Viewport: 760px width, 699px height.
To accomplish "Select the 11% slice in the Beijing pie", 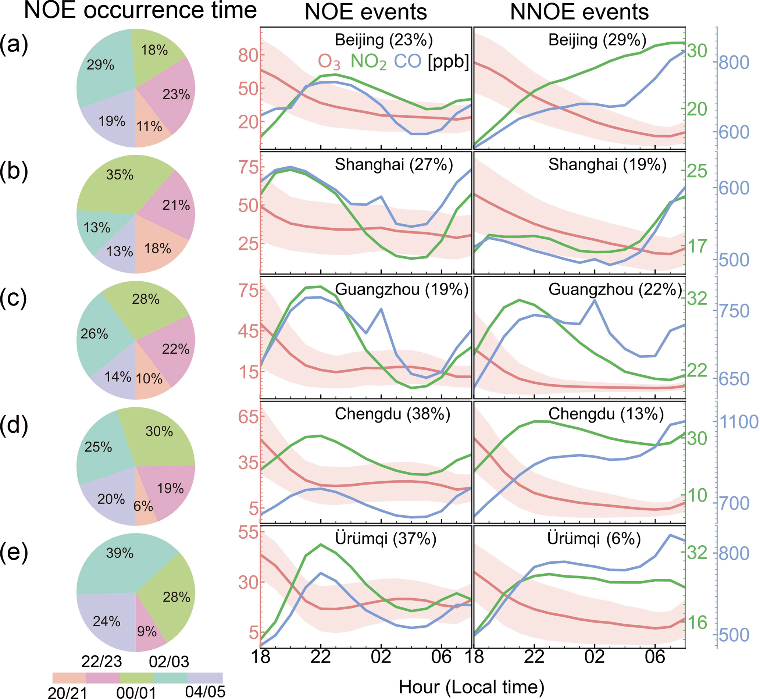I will (x=149, y=126).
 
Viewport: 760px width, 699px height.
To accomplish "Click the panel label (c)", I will (x=14, y=299).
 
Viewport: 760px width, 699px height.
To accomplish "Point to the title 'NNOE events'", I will (x=579, y=12).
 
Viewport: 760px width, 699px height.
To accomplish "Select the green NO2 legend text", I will (x=368, y=62).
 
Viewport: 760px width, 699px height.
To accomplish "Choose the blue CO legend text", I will (x=407, y=61).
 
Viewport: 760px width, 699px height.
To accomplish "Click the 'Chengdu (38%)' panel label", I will (x=392, y=414).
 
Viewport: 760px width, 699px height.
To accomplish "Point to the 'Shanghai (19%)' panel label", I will (x=607, y=164).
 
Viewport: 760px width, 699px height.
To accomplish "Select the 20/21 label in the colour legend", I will (x=68, y=693).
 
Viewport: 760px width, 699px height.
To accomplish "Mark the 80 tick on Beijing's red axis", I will (x=249, y=56).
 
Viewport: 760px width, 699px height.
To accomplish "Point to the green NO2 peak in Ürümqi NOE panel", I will (x=321, y=545).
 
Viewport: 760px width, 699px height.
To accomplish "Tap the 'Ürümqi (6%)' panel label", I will (x=593, y=539).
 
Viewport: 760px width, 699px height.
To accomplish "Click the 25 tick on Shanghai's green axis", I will (x=697, y=171).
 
